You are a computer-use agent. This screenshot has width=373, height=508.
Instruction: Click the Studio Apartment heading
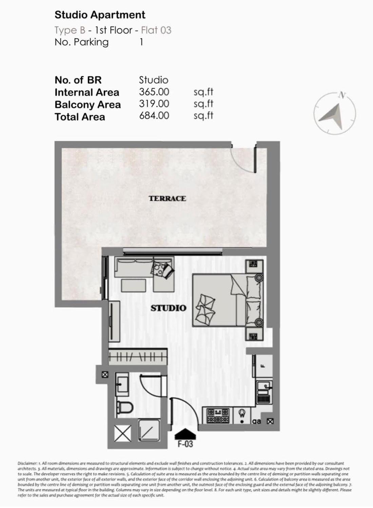pos(100,15)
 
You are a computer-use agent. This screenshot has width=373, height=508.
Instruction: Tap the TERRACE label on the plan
pos(167,198)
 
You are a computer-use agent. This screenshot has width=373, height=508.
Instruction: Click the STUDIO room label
pos(168,308)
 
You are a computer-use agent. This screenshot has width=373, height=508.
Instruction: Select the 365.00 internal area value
pos(154,92)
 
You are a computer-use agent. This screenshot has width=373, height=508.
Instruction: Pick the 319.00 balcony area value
pos(154,104)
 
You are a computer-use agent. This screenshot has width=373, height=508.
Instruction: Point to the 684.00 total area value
pos(154,116)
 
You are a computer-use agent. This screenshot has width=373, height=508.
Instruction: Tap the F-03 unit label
pos(185,444)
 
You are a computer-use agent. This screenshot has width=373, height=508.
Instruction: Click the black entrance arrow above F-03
pos(185,433)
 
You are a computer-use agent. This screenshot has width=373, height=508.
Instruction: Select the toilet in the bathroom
pos(124,407)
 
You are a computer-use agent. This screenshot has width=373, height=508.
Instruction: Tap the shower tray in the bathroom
pos(149,430)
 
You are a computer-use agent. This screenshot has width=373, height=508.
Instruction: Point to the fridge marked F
pos(263,366)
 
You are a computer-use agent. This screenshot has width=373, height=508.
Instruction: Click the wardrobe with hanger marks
pos(138,357)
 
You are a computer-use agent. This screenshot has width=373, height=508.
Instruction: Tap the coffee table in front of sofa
pos(134,285)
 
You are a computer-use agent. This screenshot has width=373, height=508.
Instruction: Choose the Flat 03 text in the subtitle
pos(156,30)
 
